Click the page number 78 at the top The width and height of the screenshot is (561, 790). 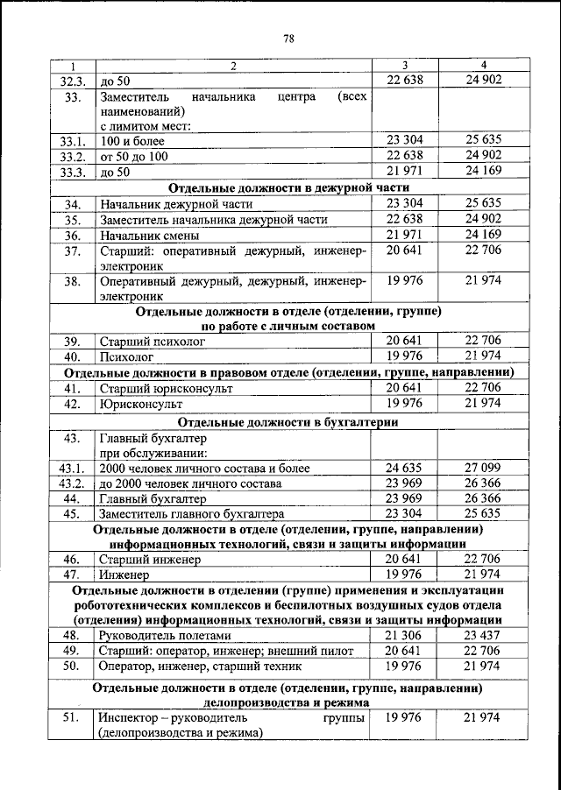click(x=288, y=38)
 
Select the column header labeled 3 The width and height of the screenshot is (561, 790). click(x=405, y=67)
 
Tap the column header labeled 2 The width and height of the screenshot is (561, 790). click(x=233, y=67)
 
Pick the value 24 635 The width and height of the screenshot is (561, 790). click(x=405, y=469)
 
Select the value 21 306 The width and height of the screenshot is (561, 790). click(x=405, y=636)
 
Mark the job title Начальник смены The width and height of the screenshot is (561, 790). click(x=149, y=236)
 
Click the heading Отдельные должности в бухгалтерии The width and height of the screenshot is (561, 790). click(x=288, y=421)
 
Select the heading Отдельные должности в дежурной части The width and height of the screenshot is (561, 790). click(x=288, y=187)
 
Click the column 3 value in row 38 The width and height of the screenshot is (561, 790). click(x=405, y=281)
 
